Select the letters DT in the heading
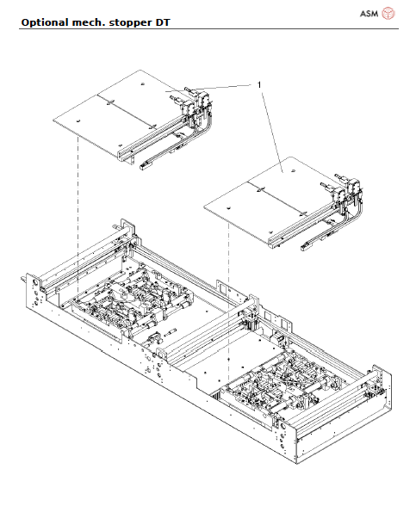[160, 21]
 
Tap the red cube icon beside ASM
[388, 13]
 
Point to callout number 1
[259, 84]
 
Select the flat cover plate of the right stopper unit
[267, 194]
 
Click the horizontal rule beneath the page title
[207, 28]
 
